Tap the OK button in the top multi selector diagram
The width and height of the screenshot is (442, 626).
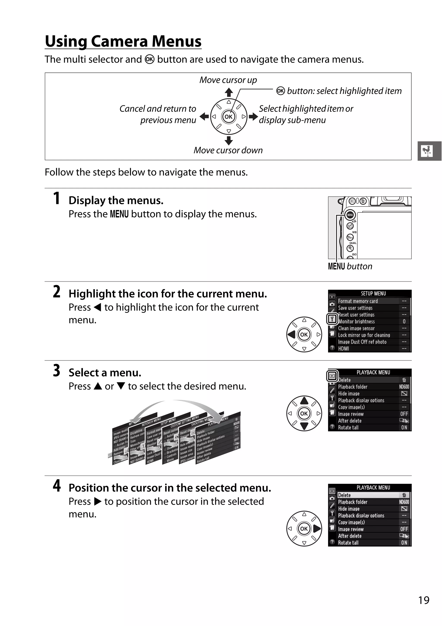click(229, 117)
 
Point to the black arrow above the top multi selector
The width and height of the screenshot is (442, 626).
click(229, 92)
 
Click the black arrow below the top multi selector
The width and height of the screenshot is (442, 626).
click(229, 141)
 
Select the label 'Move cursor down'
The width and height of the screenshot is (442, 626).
click(228, 150)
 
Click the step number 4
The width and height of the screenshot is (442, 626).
click(57, 486)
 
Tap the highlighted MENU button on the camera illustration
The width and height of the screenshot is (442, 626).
click(350, 215)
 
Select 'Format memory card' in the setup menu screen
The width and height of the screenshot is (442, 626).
click(358, 301)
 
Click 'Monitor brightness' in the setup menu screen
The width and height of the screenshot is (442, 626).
click(357, 322)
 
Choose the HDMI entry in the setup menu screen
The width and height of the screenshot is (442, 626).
click(344, 348)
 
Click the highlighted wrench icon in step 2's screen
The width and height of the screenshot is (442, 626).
click(332, 319)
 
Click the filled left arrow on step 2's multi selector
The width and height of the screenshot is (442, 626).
click(292, 334)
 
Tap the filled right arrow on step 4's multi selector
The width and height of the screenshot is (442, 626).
click(317, 529)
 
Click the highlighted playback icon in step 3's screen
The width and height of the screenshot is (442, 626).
click(332, 376)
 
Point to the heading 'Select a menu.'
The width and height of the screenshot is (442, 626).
click(105, 372)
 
